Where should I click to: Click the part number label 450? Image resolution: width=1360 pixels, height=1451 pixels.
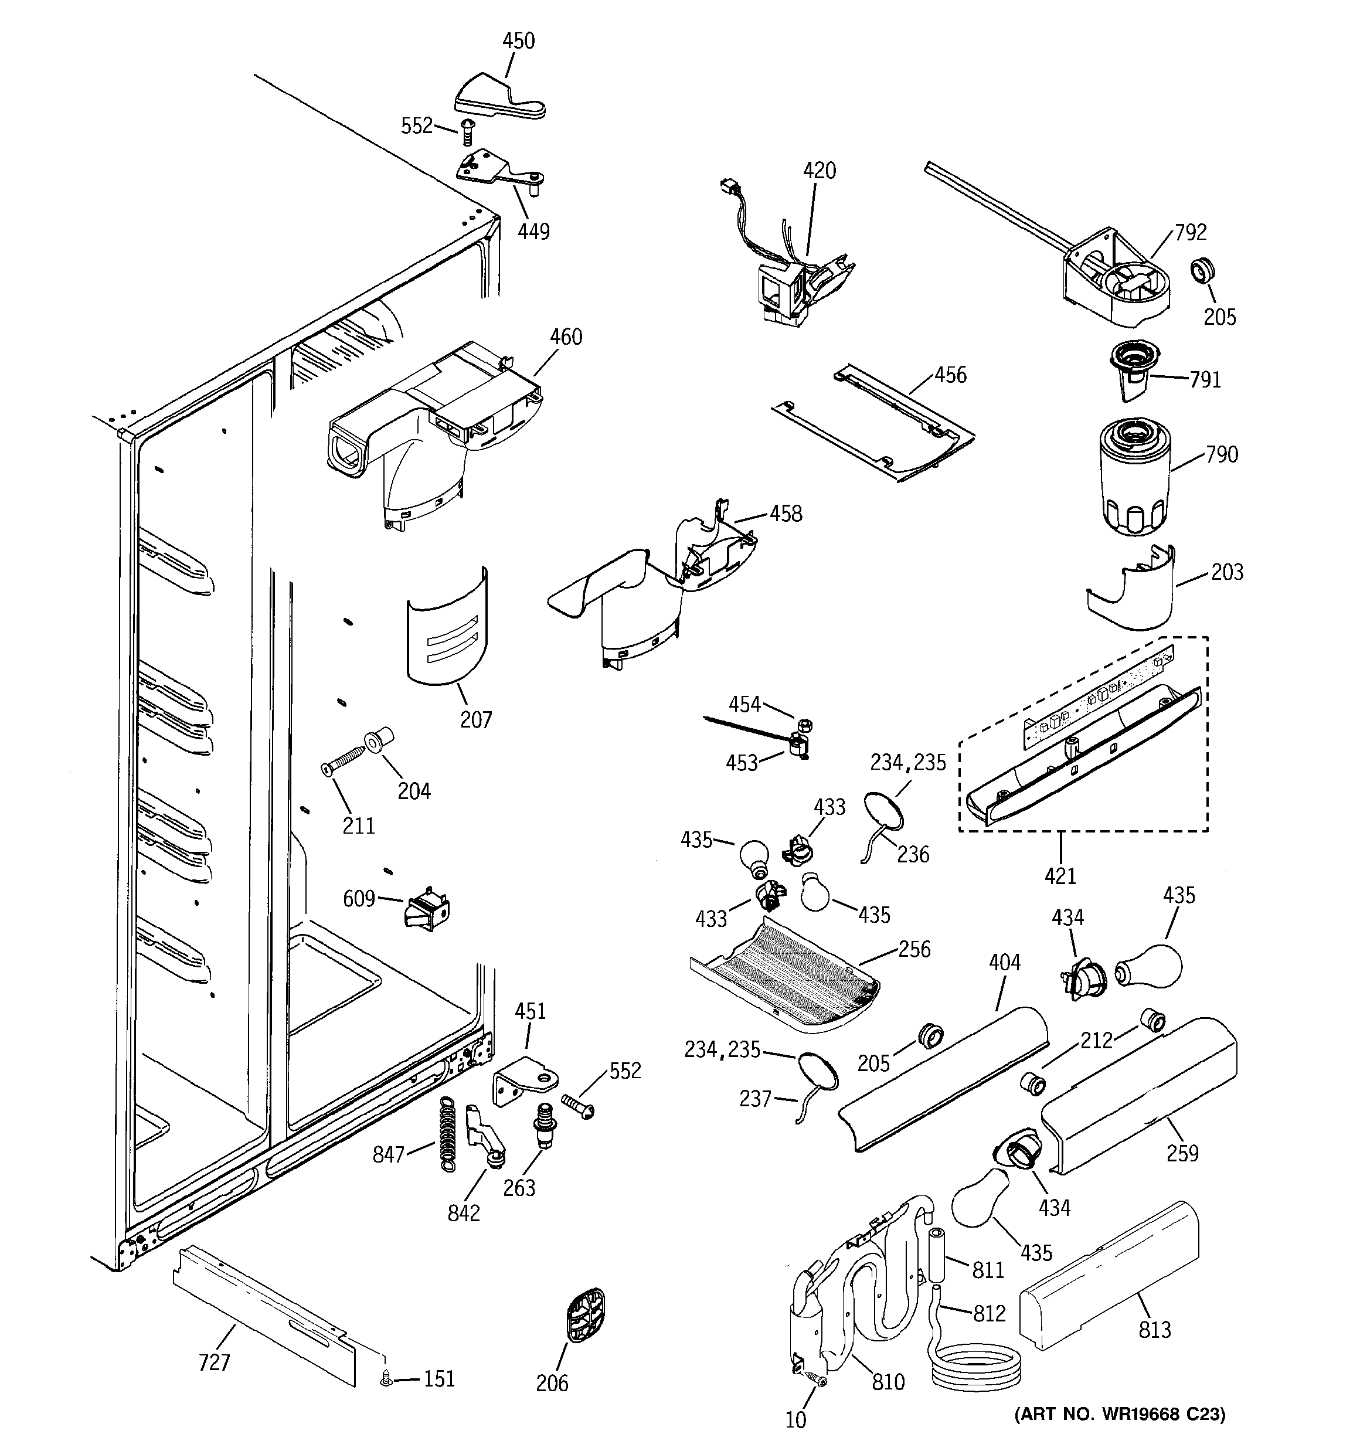518,41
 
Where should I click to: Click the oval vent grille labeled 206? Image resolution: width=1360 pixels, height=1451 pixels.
586,1314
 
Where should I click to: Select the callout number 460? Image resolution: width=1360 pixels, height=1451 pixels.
566,337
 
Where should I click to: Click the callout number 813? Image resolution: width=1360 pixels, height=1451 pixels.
1155,1330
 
